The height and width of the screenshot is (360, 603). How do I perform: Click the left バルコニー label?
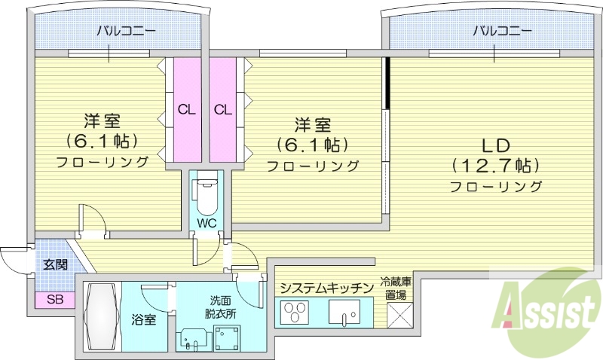point(125,31)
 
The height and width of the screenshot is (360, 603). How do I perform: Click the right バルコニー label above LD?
point(503,31)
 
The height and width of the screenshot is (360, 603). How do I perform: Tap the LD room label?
point(497,144)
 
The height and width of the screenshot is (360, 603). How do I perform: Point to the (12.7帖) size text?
point(497,164)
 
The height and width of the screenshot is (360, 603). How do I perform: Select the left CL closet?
point(187,109)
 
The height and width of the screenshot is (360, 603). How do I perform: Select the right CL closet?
point(222,109)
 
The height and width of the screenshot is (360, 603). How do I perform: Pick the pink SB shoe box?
point(54,298)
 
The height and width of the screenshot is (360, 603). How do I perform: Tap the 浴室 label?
point(145,319)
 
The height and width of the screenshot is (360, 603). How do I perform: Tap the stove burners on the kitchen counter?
point(293,312)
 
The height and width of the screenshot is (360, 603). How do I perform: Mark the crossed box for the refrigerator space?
point(397,313)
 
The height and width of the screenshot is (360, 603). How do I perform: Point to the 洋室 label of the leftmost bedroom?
point(102,121)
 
